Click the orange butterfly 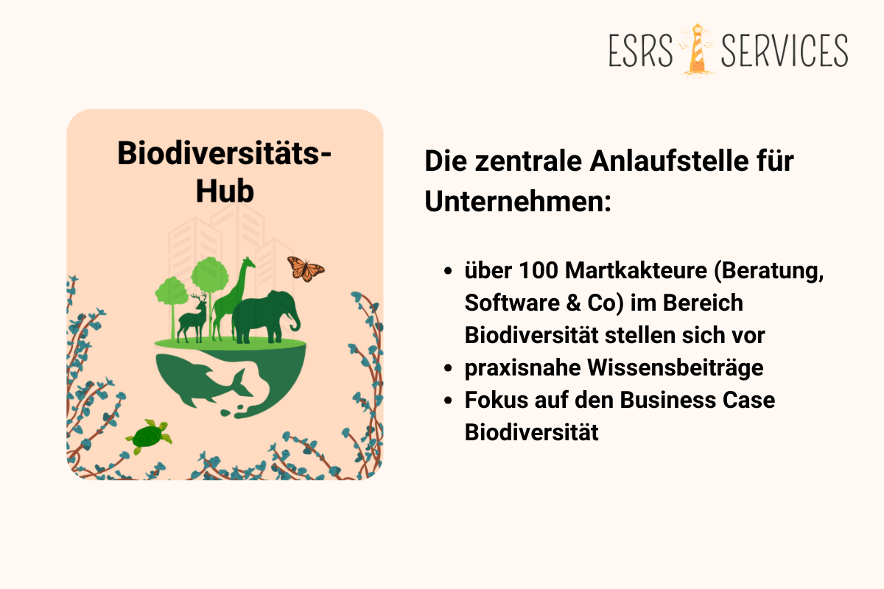(x=305, y=268)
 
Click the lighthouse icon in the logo (x=695, y=49)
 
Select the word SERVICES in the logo (x=785, y=50)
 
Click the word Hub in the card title (x=225, y=190)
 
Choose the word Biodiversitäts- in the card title (x=225, y=154)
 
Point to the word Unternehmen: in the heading (x=518, y=200)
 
